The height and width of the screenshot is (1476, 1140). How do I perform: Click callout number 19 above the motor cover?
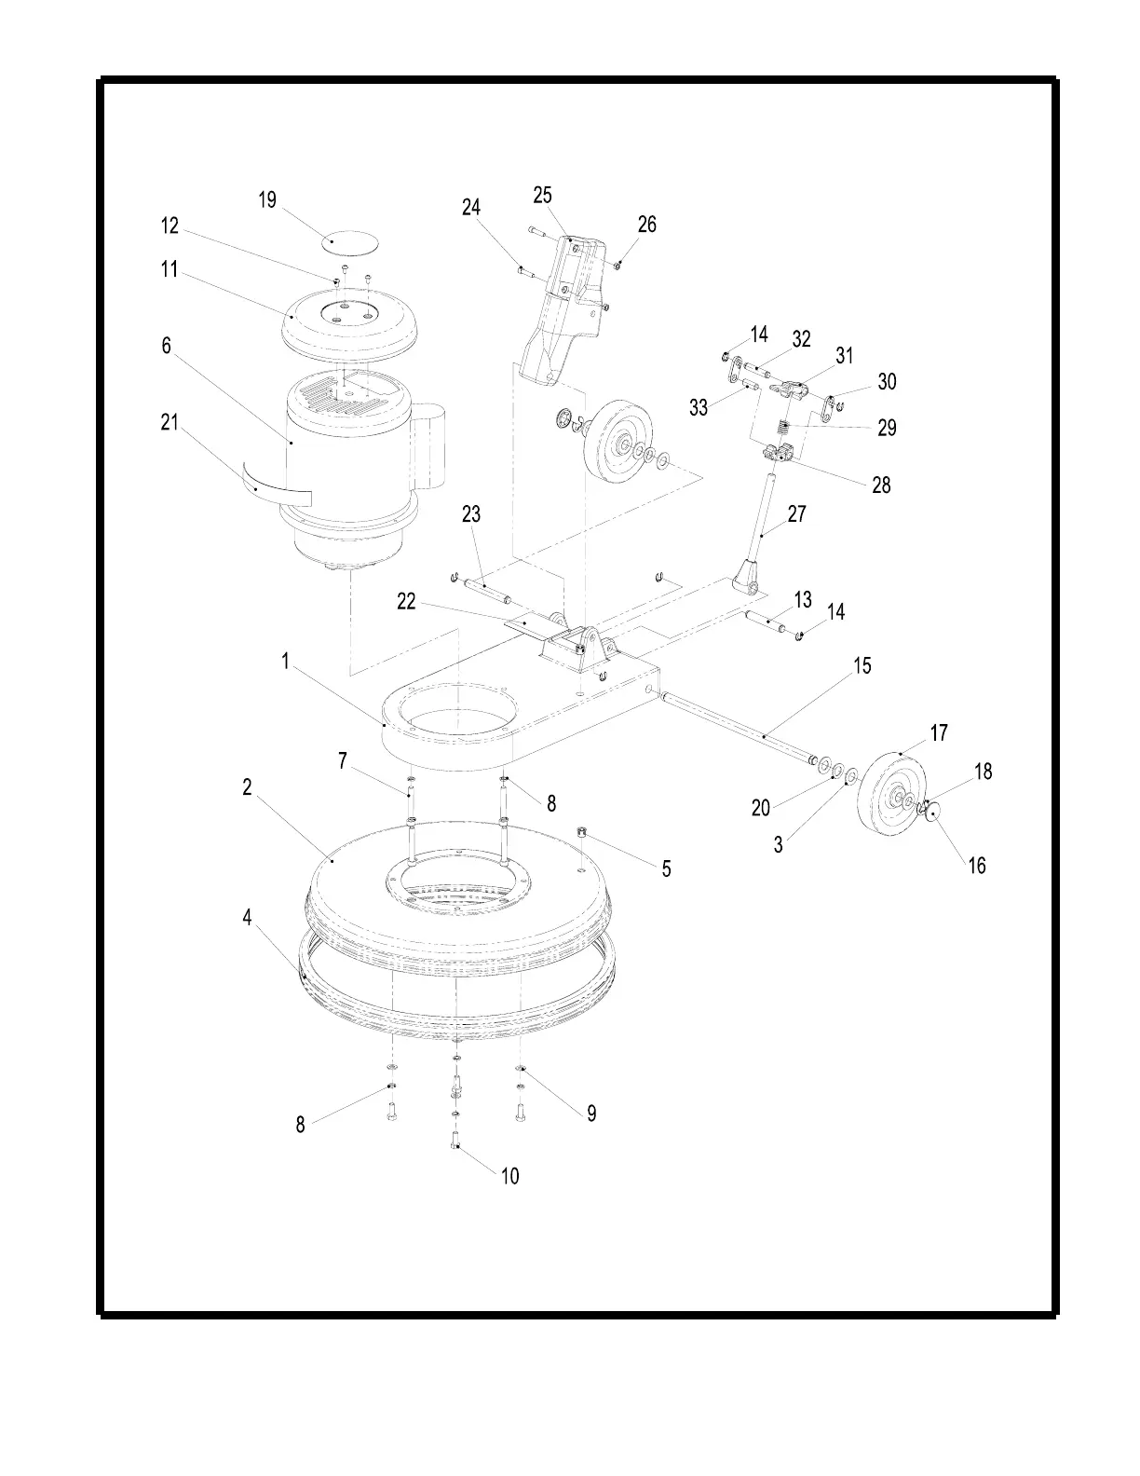pos(267,200)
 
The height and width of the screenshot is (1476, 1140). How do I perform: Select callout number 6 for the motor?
pos(167,346)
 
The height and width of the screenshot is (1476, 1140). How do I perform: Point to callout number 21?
pos(169,422)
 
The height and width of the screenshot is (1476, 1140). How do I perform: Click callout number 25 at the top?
pos(542,195)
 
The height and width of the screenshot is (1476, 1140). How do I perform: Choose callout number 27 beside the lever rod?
pos(797,513)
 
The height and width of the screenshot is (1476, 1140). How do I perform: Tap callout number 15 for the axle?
pos(862,666)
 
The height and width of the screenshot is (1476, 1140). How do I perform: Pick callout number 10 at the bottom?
pos(509,1176)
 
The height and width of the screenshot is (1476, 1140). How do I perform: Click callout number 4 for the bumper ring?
pos(248,918)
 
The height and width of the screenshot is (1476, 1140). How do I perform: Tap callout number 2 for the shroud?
pos(248,787)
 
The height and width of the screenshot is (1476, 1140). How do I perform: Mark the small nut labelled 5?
pos(580,831)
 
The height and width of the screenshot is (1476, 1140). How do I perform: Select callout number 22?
pos(406,602)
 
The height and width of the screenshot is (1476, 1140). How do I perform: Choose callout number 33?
pos(699,408)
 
